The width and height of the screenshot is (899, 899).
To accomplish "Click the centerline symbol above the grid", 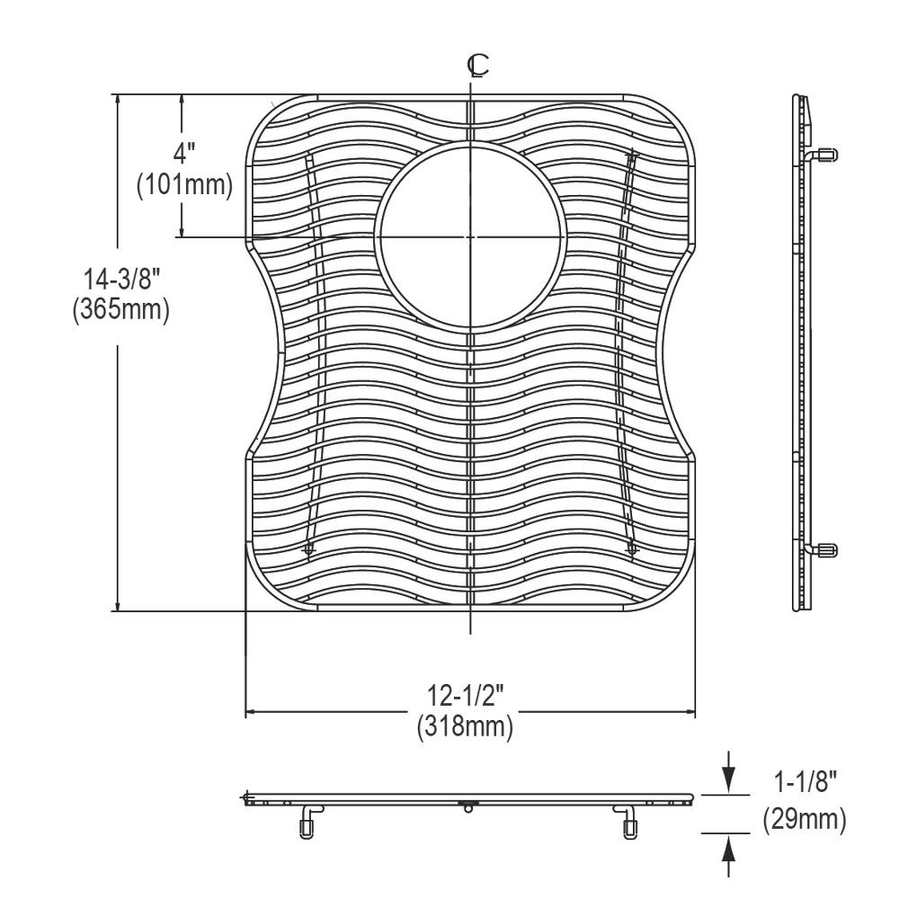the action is click(x=477, y=66).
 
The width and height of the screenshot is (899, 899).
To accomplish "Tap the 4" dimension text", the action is click(x=184, y=154).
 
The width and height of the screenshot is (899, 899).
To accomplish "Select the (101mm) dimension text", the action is click(x=184, y=185).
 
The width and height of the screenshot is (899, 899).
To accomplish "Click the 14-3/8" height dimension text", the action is click(x=121, y=280).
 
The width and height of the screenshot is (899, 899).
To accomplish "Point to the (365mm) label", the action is click(x=121, y=310).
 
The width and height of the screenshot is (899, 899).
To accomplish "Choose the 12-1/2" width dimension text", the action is click(x=465, y=696).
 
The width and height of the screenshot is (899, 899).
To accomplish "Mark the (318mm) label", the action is click(x=465, y=727).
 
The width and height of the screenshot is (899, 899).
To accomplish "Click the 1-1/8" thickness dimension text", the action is click(x=806, y=782).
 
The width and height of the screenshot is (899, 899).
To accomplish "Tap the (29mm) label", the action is click(x=805, y=820).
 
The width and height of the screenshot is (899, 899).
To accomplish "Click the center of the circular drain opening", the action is click(x=470, y=236).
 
